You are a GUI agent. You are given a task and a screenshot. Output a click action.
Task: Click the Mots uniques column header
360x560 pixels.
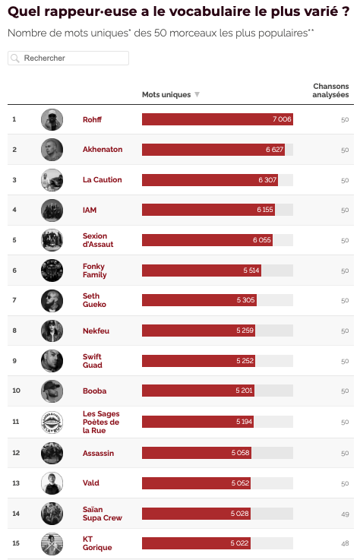pyautogui.click(x=166, y=95)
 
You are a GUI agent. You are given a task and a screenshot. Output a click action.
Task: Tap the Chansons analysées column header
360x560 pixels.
pyautogui.click(x=331, y=90)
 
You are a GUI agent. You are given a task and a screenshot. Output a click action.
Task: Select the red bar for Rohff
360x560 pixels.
pyautogui.click(x=216, y=119)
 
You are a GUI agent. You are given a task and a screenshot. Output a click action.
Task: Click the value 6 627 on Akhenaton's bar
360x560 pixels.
pyautogui.click(x=274, y=150)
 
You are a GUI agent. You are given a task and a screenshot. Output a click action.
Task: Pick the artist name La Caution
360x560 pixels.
pyautogui.click(x=102, y=180)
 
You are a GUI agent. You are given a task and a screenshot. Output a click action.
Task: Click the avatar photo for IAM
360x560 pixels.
pyautogui.click(x=52, y=210)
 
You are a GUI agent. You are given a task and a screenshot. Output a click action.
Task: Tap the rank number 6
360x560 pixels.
pyautogui.click(x=14, y=271)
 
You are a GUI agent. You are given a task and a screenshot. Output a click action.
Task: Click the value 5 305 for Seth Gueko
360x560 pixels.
pyautogui.click(x=245, y=300)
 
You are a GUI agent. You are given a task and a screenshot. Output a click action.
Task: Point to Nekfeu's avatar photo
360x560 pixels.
pyautogui.click(x=52, y=331)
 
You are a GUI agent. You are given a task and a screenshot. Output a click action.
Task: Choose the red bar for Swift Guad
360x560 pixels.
pyautogui.click(x=198, y=361)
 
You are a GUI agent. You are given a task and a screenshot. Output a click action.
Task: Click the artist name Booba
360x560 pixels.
pyautogui.click(x=94, y=391)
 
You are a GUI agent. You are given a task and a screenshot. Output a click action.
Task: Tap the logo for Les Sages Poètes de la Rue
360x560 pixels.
pyautogui.click(x=52, y=422)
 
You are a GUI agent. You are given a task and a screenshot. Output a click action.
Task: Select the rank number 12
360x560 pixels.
pyautogui.click(x=14, y=453)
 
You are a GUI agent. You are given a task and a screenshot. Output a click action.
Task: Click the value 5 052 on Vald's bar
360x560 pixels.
pyautogui.click(x=241, y=483)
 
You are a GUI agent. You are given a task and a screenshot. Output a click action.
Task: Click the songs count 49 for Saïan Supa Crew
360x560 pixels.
pyautogui.click(x=345, y=514)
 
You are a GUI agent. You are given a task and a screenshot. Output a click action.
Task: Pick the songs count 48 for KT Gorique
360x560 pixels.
pyautogui.click(x=345, y=544)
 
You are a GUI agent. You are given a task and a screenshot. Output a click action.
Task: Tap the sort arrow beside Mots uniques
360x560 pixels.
pyautogui.click(x=197, y=95)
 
